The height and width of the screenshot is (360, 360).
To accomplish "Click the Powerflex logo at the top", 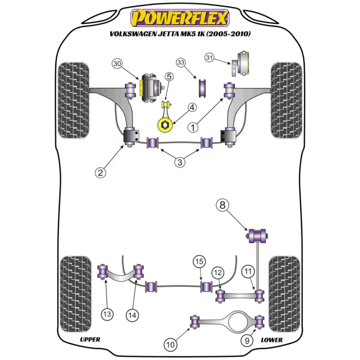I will (x=180, y=18).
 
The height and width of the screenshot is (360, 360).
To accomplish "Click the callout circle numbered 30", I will (x=117, y=64).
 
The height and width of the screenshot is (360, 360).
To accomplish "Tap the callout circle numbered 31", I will (x=210, y=57).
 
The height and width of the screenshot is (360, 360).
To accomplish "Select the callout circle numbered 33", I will (x=181, y=62).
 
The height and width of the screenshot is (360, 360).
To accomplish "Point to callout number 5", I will (x=169, y=76).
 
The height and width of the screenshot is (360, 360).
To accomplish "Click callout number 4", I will (x=192, y=107).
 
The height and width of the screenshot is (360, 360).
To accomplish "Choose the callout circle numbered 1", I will (x=193, y=127).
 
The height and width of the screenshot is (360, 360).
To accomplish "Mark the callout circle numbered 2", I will (x=101, y=172).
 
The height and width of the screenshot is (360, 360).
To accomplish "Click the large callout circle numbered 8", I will (x=222, y=206).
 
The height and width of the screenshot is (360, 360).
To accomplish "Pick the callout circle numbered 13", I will (x=107, y=314).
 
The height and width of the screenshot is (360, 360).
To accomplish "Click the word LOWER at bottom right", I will (x=271, y=339).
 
